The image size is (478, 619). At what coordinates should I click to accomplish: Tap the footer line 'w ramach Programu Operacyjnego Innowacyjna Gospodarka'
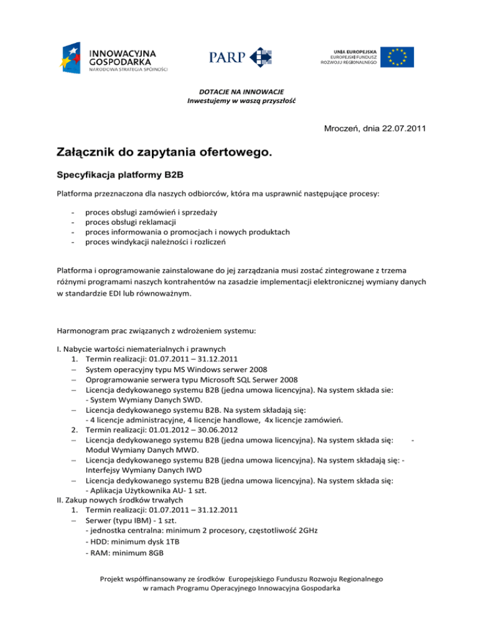[238, 588]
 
